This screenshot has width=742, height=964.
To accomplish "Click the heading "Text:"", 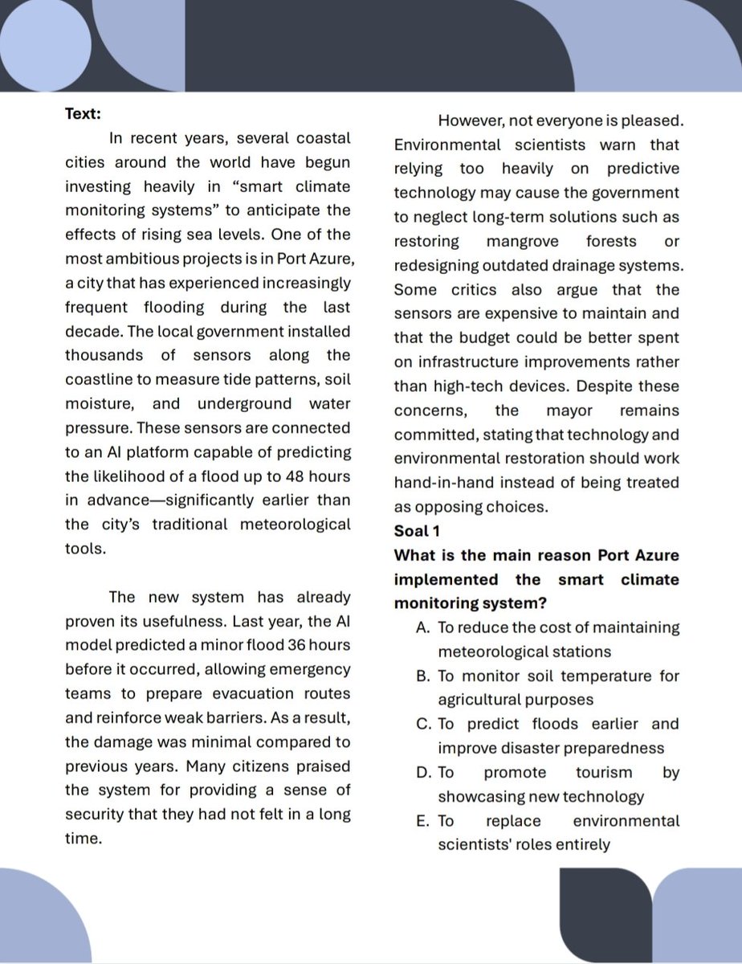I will tap(83, 114).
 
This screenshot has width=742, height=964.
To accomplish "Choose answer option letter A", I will tap(423, 627).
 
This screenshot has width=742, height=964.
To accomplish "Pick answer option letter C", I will tap(423, 724).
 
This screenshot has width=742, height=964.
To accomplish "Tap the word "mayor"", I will tap(569, 411).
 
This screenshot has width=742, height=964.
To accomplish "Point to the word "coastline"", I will tap(100, 380).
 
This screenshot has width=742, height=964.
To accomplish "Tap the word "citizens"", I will tap(222, 766).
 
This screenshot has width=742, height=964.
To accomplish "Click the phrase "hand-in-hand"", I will tap(437, 483).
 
